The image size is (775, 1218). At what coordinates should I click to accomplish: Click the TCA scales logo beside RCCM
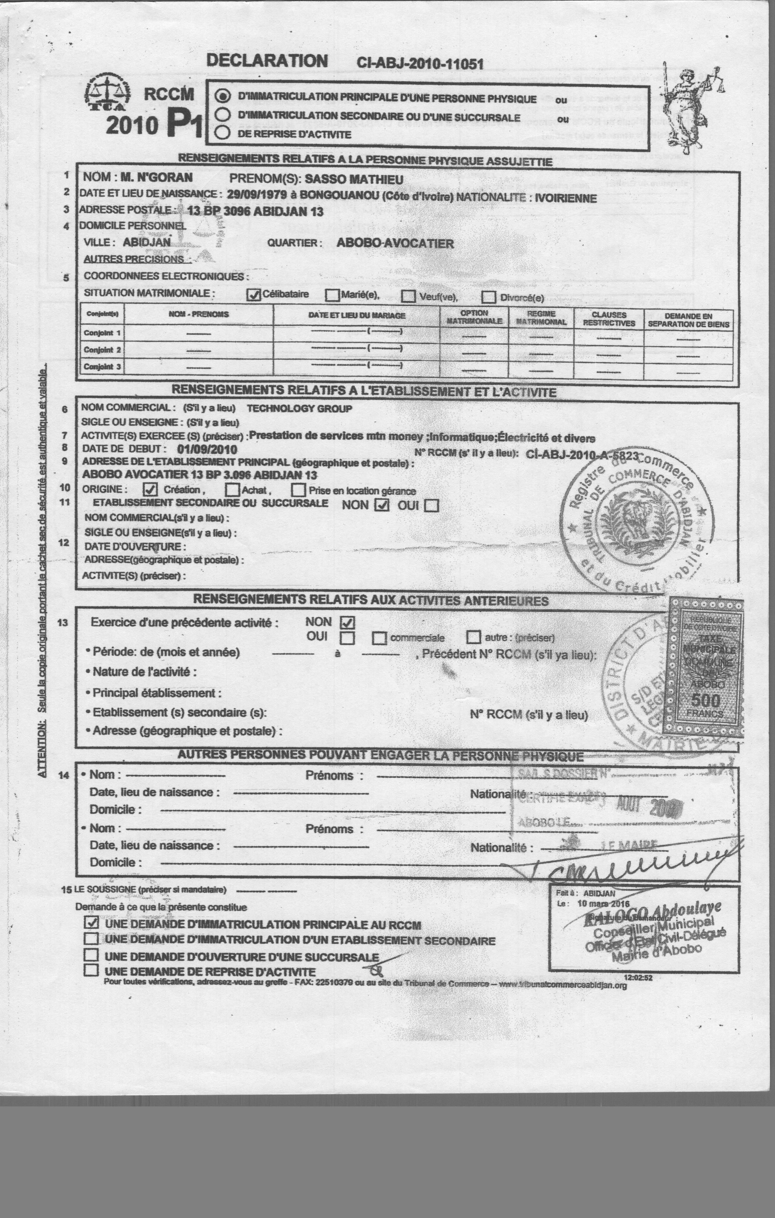pos(107,93)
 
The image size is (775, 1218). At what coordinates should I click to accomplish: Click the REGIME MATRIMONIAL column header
pos(541,318)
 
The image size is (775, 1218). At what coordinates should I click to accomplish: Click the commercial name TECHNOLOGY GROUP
pos(299,409)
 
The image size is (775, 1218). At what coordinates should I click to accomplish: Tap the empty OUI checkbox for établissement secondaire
pos(432,506)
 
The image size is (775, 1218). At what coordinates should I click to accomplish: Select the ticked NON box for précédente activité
pos(348,623)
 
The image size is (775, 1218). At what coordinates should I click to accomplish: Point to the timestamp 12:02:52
pos(638,978)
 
